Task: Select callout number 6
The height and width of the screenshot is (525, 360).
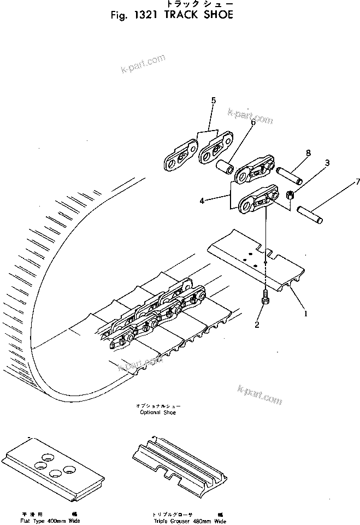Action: click(x=253, y=123)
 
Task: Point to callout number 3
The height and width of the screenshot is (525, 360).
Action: click(x=327, y=162)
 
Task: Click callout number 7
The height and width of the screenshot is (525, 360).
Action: click(x=343, y=181)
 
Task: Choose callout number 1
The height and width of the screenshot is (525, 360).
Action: click(x=305, y=314)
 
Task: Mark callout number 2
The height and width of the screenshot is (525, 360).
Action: click(x=256, y=326)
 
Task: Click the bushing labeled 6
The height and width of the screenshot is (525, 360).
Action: click(x=226, y=164)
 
